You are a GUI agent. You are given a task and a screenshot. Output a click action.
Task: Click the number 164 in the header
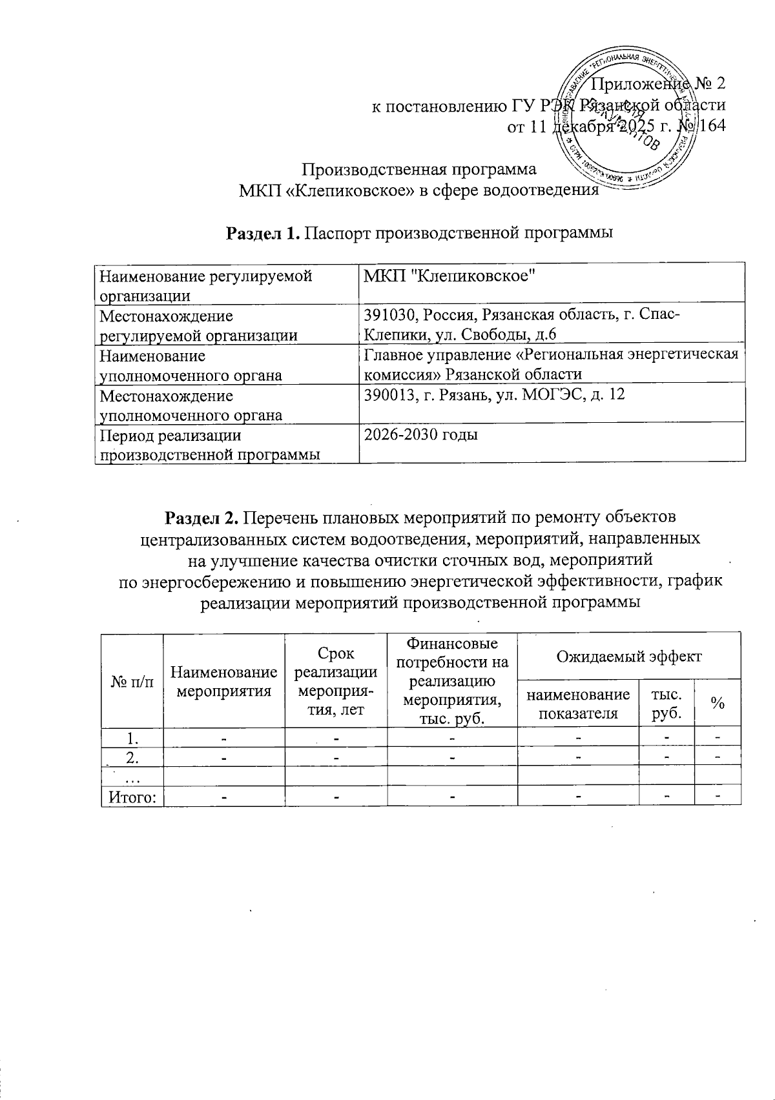[711, 125]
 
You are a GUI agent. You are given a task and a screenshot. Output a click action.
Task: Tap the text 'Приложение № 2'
[659, 83]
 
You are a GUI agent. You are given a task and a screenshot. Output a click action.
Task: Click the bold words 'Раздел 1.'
[262, 232]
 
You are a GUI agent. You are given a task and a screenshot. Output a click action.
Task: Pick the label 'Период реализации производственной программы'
[209, 444]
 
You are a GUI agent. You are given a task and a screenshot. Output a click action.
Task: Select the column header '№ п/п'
[132, 682]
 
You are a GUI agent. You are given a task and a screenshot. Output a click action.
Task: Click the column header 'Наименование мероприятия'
[223, 682]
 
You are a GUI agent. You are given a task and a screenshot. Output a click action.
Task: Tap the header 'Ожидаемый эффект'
[628, 657]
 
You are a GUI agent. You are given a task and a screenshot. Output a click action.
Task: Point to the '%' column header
[717, 704]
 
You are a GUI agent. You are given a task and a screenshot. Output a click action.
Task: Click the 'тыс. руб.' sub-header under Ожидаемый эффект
[667, 704]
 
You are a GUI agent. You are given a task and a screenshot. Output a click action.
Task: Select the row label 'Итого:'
[132, 796]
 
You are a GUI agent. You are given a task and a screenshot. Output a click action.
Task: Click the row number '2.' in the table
[132, 756]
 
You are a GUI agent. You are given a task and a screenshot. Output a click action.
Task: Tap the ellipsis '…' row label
[132, 777]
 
